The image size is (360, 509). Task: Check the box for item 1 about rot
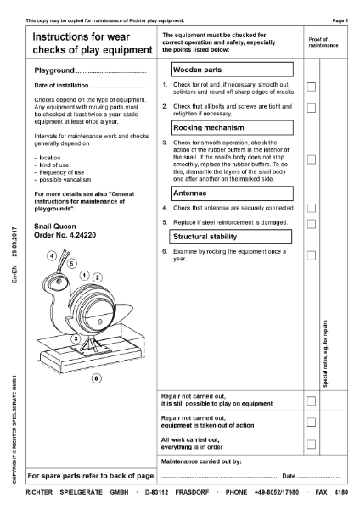tap(312, 87)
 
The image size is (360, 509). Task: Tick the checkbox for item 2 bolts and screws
tap(312, 109)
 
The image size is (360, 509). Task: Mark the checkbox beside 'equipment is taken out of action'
tap(312, 422)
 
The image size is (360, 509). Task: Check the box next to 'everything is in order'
tap(312, 444)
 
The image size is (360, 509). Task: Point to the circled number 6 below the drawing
tap(96, 378)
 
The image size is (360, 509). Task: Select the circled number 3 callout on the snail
tap(76, 338)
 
